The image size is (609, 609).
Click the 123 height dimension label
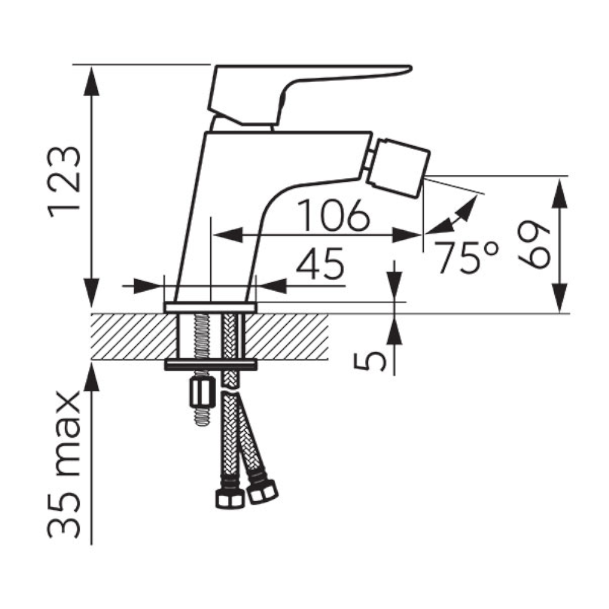pyautogui.click(x=64, y=182)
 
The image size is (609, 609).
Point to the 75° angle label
pyautogui.click(x=466, y=257)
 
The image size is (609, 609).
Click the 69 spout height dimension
pyautogui.click(x=533, y=245)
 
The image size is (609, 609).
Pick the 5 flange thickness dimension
pyautogui.click(x=370, y=361)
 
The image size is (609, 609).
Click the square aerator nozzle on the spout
pyautogui.click(x=398, y=168)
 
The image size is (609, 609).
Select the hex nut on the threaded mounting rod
pyautogui.click(x=202, y=393)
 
